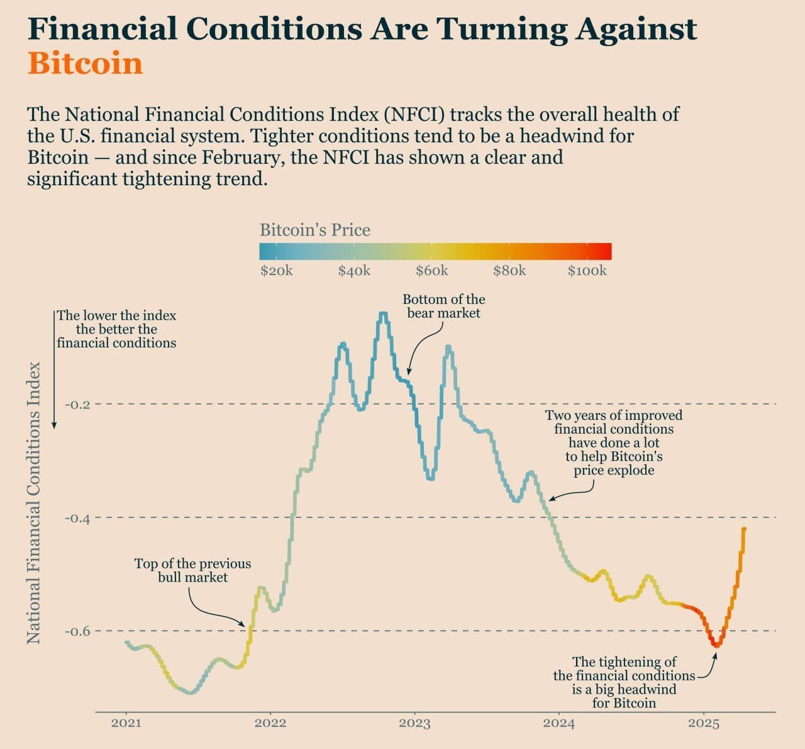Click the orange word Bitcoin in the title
click(x=86, y=64)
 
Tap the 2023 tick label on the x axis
click(x=414, y=723)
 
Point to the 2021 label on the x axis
click(x=126, y=723)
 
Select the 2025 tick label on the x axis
click(x=704, y=723)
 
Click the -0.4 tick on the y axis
click(x=78, y=518)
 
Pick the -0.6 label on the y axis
click(x=78, y=631)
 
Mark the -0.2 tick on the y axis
click(x=78, y=404)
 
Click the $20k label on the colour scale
click(x=276, y=271)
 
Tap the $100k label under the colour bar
click(x=587, y=271)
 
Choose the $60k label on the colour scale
click(x=431, y=271)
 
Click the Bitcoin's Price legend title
click(x=315, y=230)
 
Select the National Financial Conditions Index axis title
click(x=34, y=502)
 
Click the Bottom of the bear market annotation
click(x=443, y=306)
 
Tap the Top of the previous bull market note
click(x=192, y=570)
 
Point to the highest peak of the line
click(x=383, y=313)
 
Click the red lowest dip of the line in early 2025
click(x=716, y=645)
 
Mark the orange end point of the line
click(x=744, y=529)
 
